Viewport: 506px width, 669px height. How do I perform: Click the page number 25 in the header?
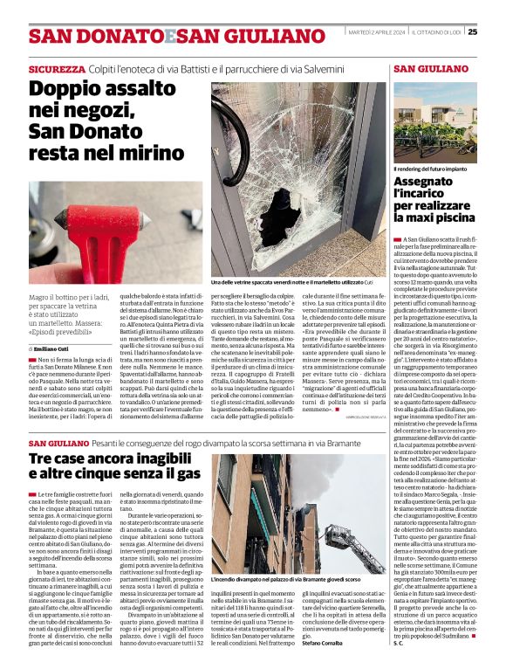pos(496,32)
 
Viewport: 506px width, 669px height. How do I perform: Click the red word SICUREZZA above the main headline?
pos(56,68)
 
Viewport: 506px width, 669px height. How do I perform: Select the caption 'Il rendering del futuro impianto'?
pos(429,168)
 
